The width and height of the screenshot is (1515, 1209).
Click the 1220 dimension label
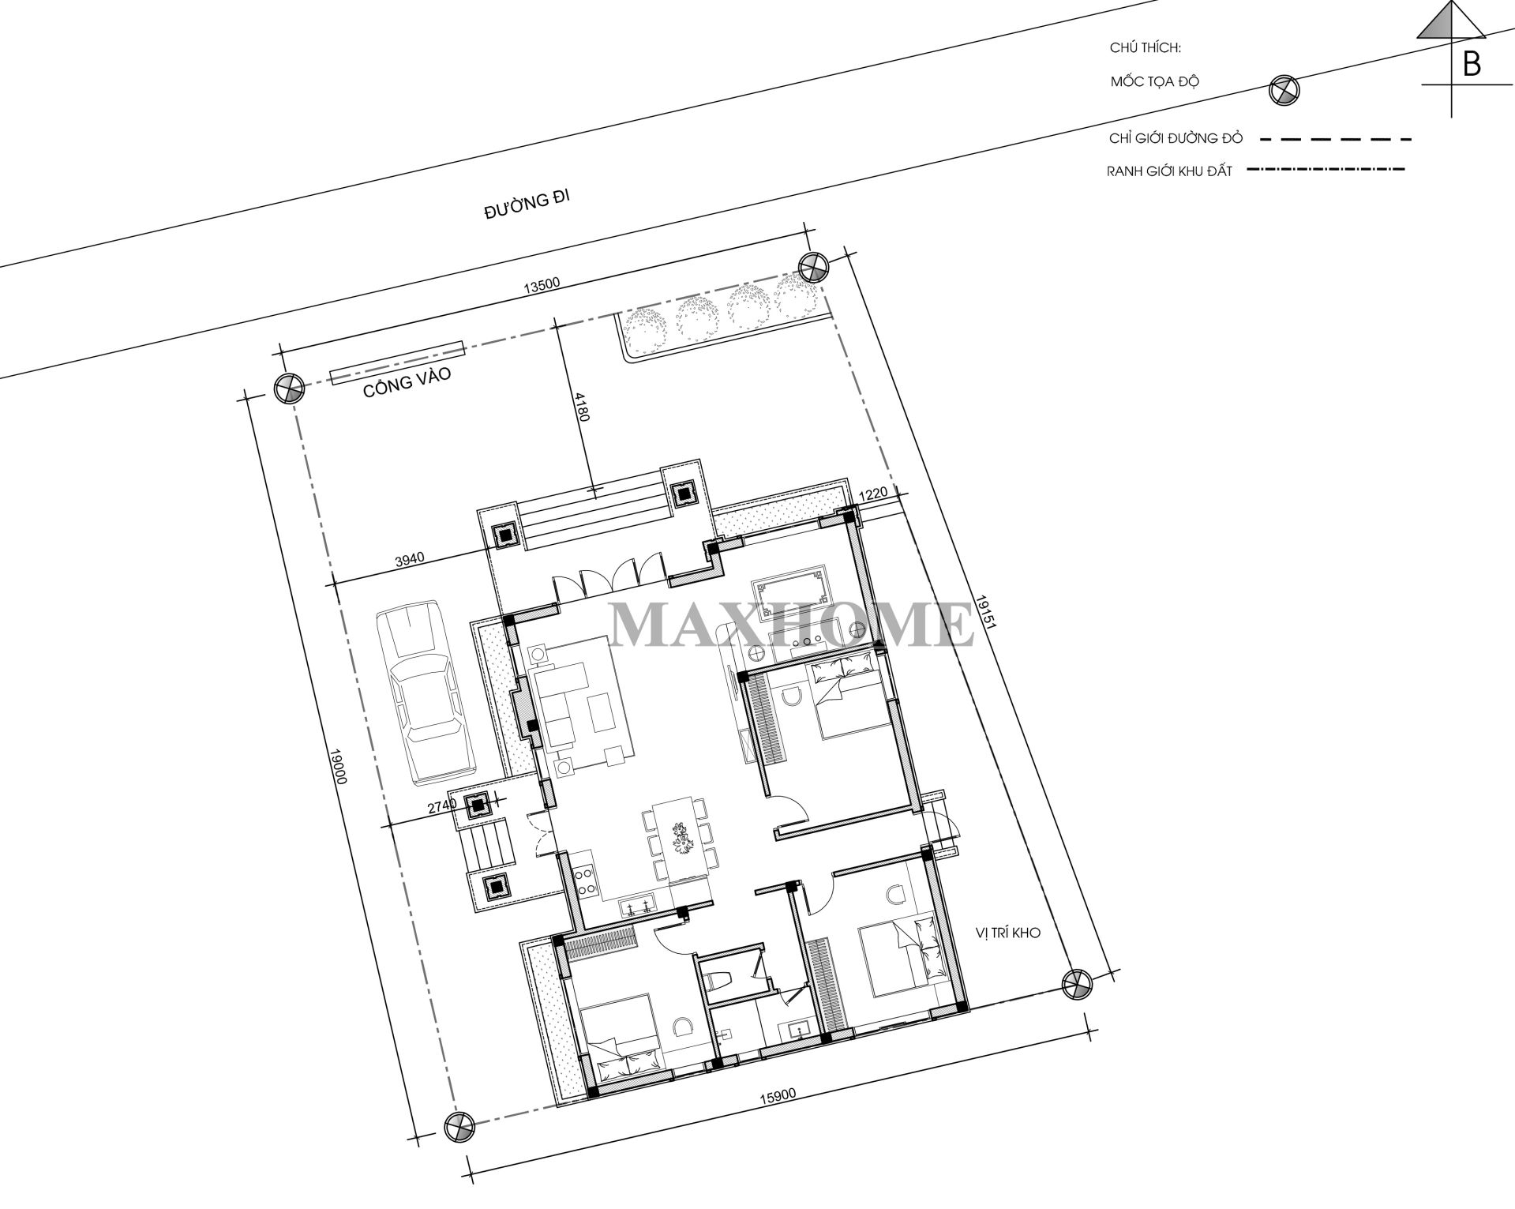pos(873,494)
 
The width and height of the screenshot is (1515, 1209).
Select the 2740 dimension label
pos(442,807)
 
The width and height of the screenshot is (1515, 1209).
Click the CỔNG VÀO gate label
pos(407,383)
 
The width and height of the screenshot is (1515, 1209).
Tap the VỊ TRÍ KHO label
pos(1008,933)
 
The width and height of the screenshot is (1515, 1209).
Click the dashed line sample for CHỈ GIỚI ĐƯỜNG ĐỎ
pos(1335,140)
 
